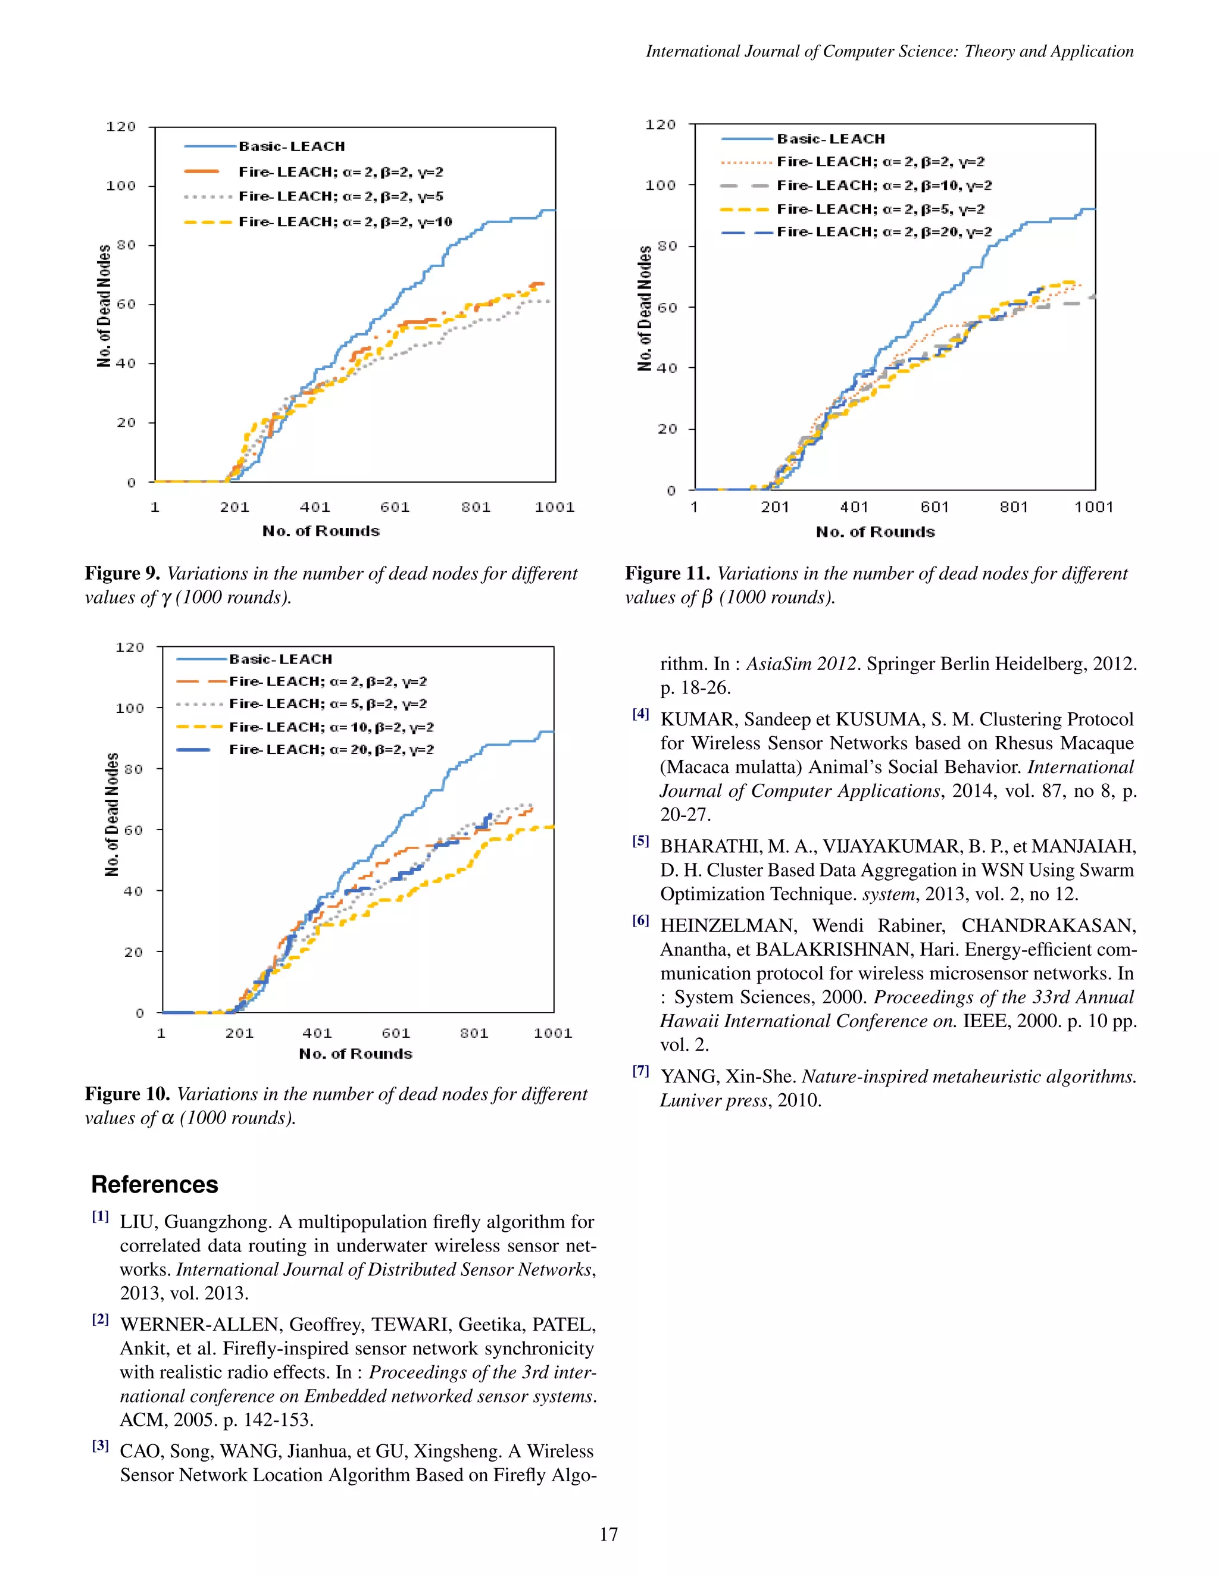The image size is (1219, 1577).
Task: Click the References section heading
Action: [x=155, y=1185]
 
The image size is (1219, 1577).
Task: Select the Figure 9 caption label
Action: [x=122, y=573]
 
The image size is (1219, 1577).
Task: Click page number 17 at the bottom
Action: [x=609, y=1534]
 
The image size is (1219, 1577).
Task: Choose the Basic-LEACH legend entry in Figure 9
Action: [x=292, y=146]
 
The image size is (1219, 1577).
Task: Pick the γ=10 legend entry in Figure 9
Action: [x=345, y=222]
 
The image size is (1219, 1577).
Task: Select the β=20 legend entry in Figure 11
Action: [x=884, y=231]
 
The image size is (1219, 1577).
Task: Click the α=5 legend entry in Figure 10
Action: [x=332, y=704]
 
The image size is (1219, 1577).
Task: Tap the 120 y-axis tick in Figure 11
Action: [x=660, y=125]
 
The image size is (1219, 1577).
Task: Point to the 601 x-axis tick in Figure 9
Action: [x=395, y=507]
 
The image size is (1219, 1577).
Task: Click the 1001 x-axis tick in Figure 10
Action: [x=552, y=1033]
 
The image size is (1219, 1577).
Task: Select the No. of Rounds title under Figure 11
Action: [x=875, y=532]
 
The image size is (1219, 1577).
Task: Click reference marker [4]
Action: [x=640, y=714]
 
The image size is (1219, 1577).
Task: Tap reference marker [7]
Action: [x=640, y=1072]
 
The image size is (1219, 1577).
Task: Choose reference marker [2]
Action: [x=101, y=1319]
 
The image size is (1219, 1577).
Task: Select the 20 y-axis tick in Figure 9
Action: [x=126, y=423]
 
